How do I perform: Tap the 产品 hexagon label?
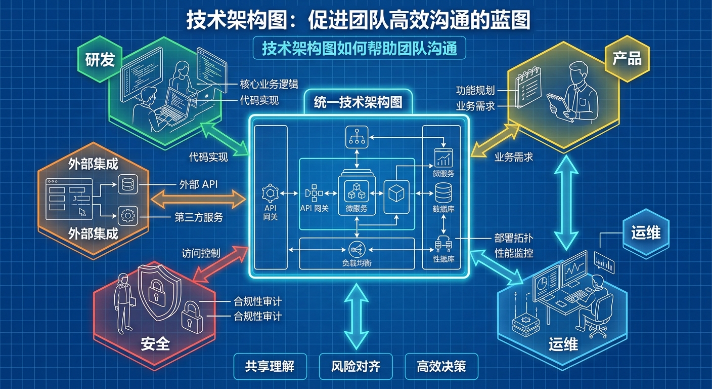627,59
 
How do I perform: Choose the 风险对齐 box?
355,366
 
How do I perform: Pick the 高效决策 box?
441,366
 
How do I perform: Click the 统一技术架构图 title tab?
359,103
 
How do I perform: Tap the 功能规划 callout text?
475,91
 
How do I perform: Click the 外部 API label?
199,184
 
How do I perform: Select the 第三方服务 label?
199,217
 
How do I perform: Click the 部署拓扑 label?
514,238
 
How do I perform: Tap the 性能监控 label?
514,252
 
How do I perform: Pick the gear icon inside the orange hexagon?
127,216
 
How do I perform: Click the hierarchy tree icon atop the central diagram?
357,137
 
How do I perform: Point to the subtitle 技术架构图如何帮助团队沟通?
359,48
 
